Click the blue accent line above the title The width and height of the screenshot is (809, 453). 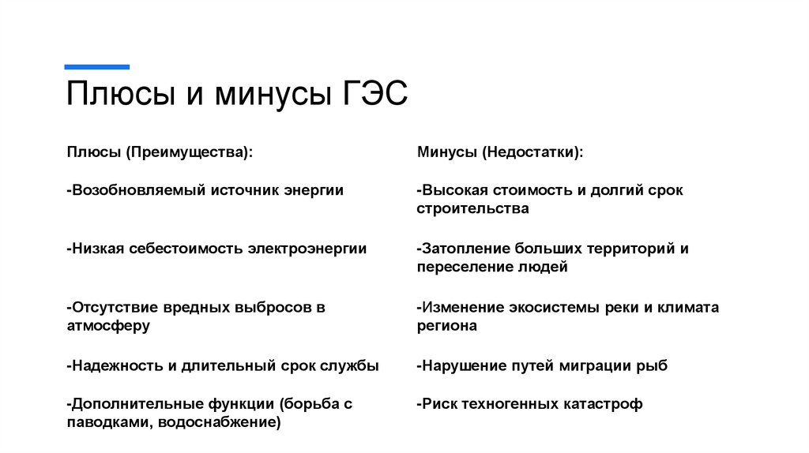[97, 67]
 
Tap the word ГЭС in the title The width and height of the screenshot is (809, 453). [376, 95]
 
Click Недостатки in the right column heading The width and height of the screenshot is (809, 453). [534, 152]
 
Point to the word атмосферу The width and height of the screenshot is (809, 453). [108, 325]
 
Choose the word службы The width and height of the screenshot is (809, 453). [350, 365]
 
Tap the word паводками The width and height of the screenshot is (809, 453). [108, 422]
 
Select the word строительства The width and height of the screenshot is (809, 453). [473, 209]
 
